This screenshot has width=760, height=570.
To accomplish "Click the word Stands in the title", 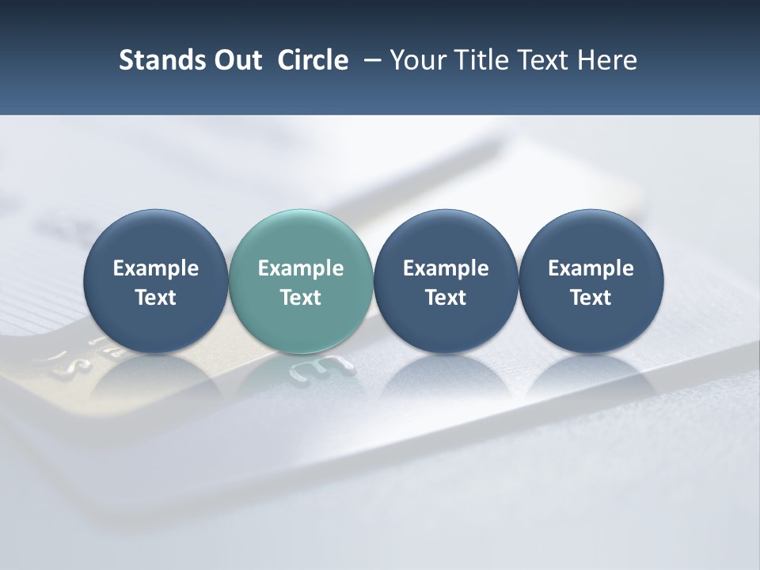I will pos(156,60).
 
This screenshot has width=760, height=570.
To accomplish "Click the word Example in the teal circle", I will pos(301,269).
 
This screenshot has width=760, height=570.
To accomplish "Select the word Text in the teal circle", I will pos(301,298).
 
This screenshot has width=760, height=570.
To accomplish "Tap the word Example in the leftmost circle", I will pos(156,269).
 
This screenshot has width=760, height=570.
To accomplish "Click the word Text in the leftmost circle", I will pos(156,298).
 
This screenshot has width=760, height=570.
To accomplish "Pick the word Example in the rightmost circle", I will pos(591,269).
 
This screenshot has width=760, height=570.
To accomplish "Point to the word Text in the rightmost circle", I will pos(591,298).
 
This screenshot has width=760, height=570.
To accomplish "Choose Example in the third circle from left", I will pos(446,269).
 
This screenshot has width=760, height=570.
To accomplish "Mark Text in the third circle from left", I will pos(446,298).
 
